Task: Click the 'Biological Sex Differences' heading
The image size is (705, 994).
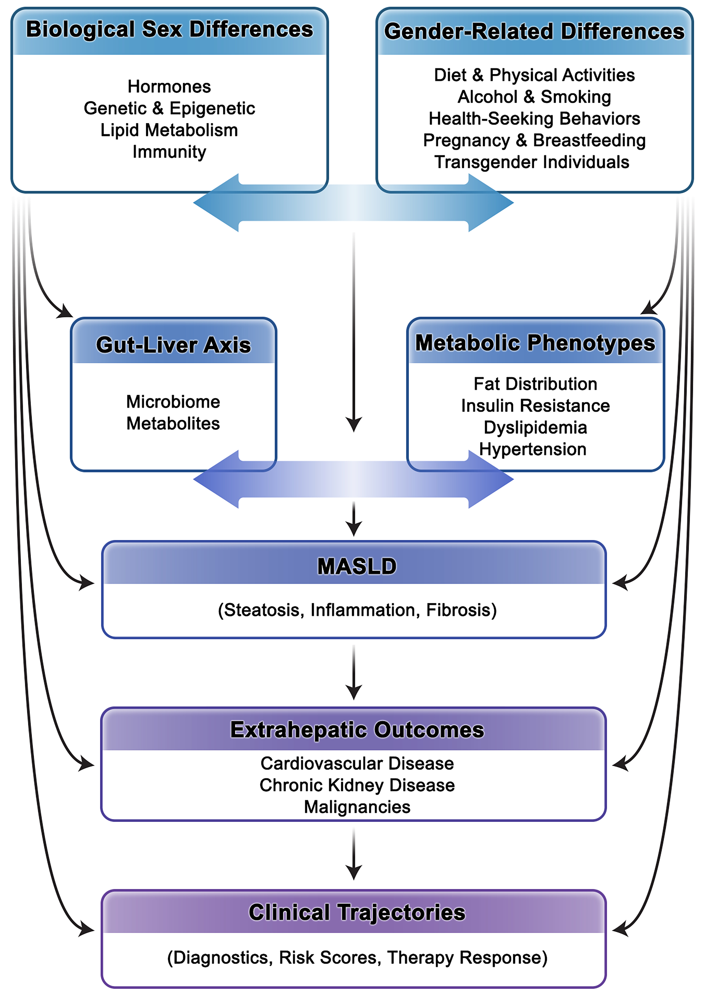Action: (x=169, y=29)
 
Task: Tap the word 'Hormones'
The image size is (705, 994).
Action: (x=169, y=86)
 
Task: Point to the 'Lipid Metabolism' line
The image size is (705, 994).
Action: (x=169, y=130)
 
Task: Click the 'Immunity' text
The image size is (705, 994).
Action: (x=169, y=152)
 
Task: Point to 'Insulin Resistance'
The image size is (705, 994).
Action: (x=535, y=406)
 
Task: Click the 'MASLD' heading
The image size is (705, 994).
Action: (x=357, y=566)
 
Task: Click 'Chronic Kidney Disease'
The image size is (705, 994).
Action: (x=357, y=785)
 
